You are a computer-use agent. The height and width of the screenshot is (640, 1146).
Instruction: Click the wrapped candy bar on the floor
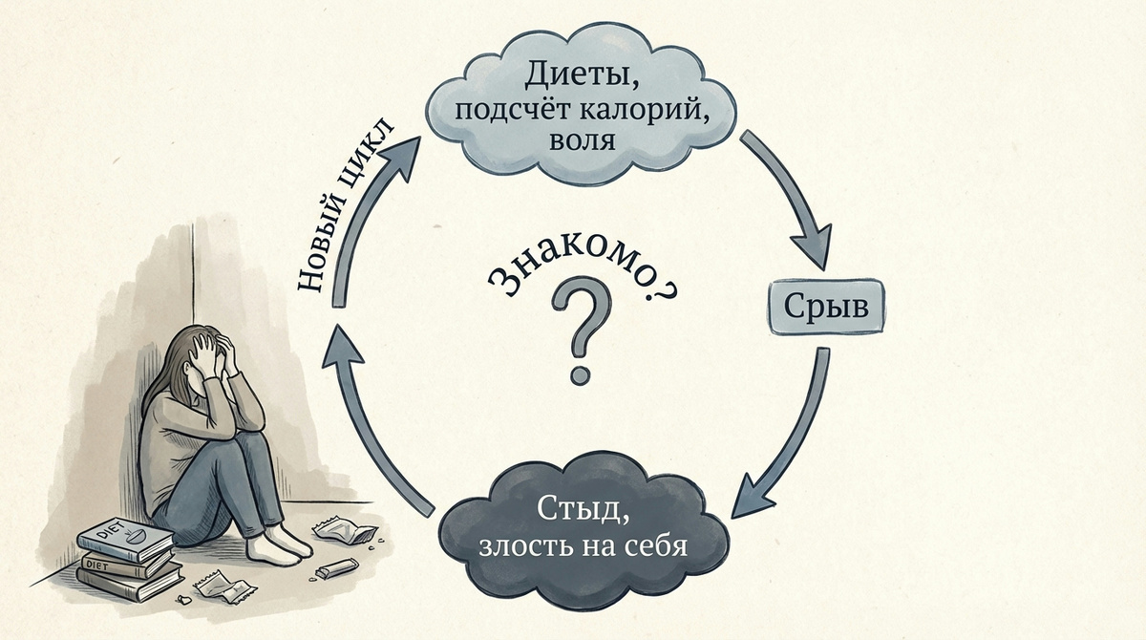click(x=335, y=571)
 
